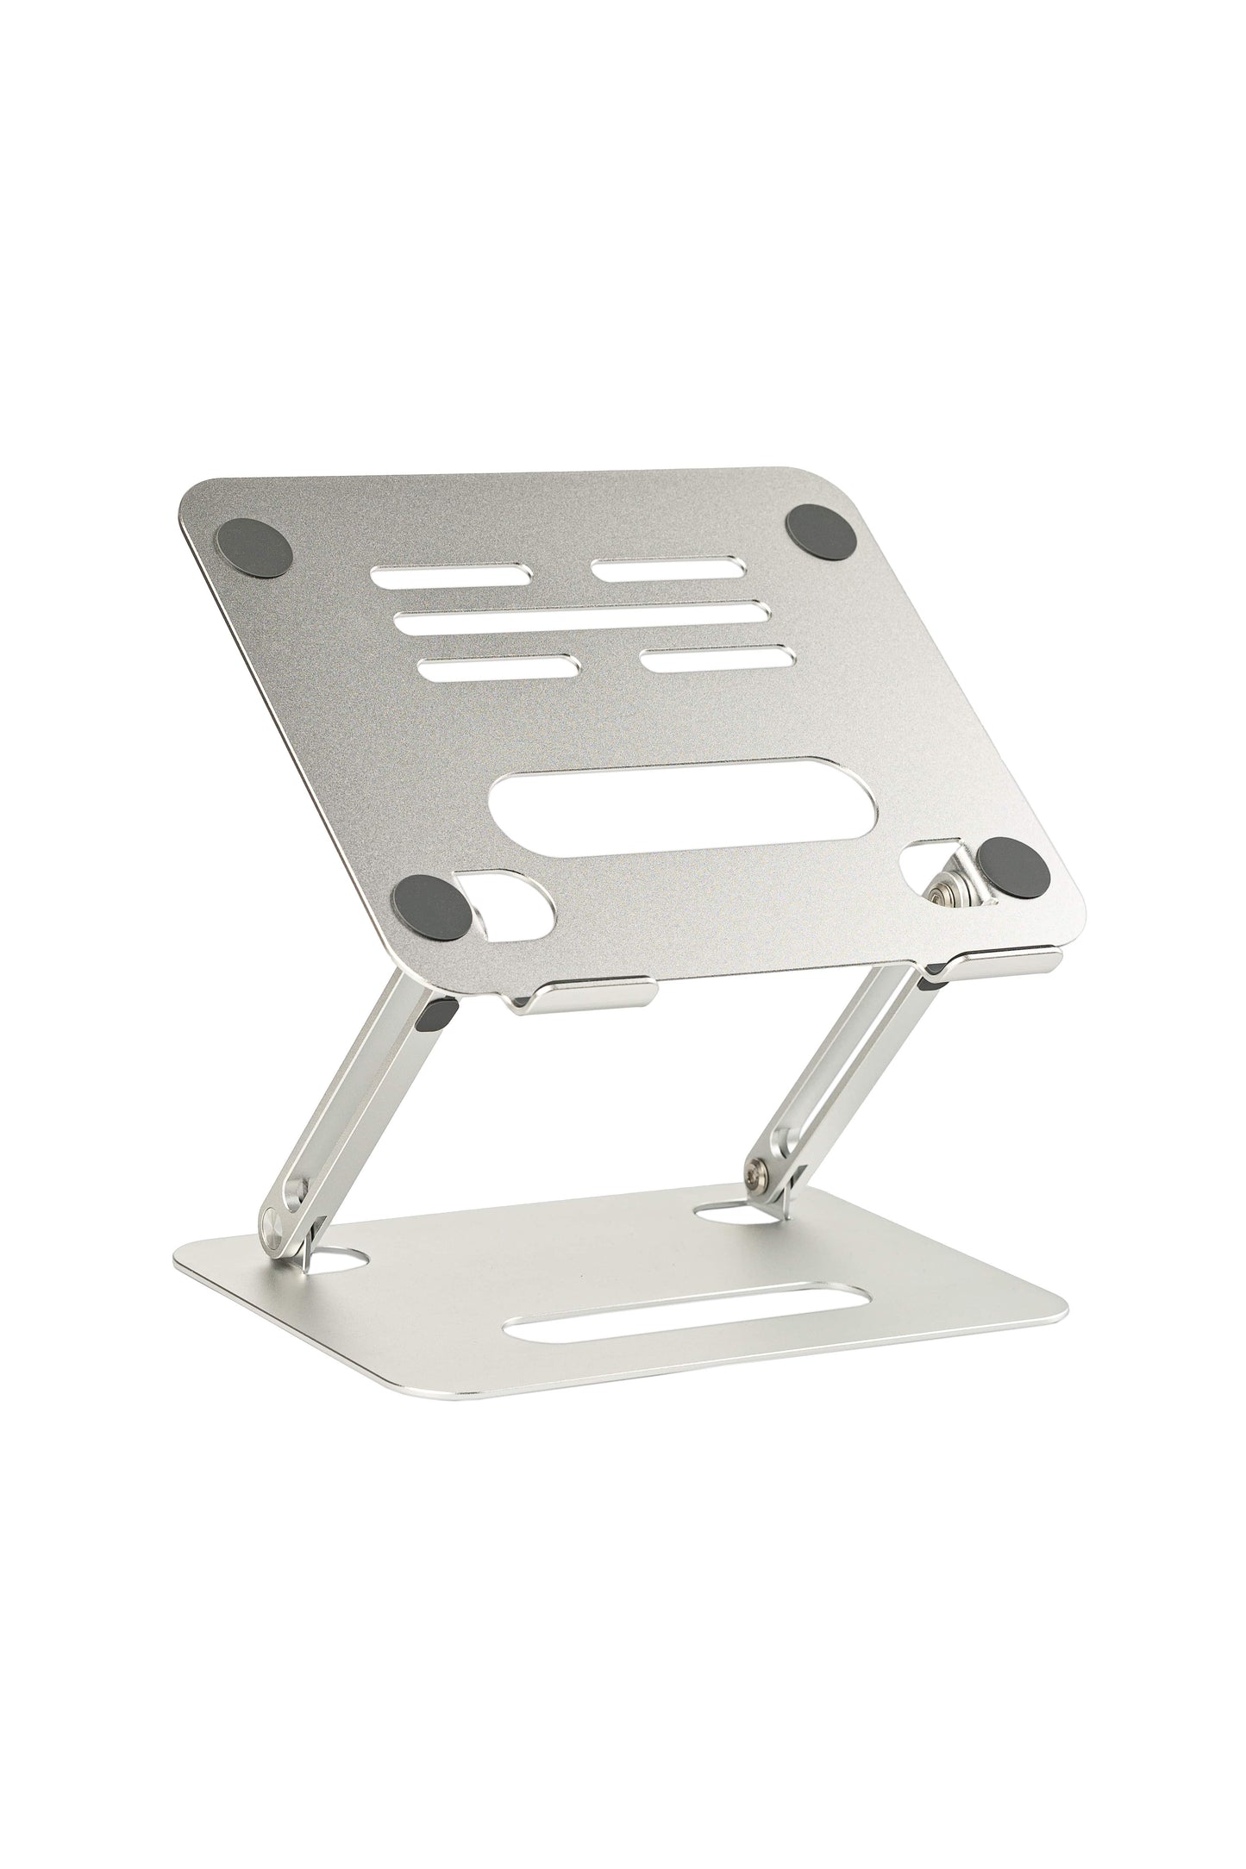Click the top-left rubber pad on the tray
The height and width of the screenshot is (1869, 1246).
coord(257,549)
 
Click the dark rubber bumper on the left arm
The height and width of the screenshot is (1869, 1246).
coord(437,1017)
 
